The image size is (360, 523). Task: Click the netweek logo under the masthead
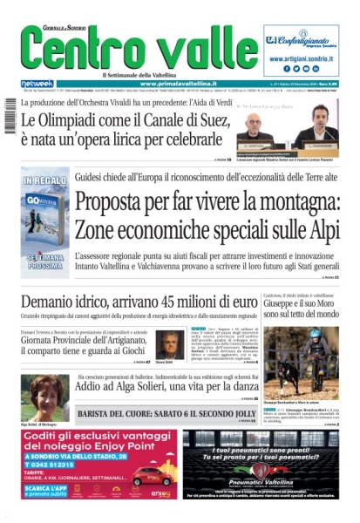[x=36, y=83]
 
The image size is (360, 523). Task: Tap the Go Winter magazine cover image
[x=44, y=222]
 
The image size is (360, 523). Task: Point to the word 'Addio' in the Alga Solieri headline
[x=92, y=394]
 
